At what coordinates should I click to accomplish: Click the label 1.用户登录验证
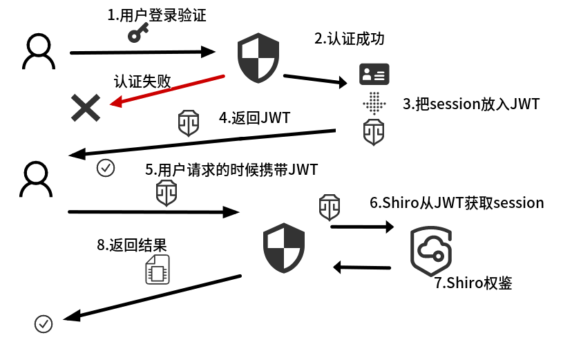pos(157,15)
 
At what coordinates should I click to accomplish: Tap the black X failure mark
pos(86,108)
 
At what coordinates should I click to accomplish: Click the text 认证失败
pos(142,80)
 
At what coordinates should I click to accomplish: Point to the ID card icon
pos(374,74)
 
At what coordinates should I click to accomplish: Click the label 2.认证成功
pos(350,39)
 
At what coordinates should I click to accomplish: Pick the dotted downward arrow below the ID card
pos(374,102)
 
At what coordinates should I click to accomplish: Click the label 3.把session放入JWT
pos(470,104)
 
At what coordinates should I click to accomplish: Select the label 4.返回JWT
pos(254,117)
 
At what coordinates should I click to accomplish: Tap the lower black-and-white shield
pos(284,248)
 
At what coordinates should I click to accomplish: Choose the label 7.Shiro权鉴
pos(473,283)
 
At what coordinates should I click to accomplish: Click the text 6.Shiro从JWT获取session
pos(457,202)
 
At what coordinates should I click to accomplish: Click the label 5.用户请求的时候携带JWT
pos(231,169)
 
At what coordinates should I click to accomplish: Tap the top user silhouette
pos(38,53)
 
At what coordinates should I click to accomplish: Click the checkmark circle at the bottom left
pos(44,323)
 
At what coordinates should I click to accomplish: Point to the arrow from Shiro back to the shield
pos(362,266)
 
